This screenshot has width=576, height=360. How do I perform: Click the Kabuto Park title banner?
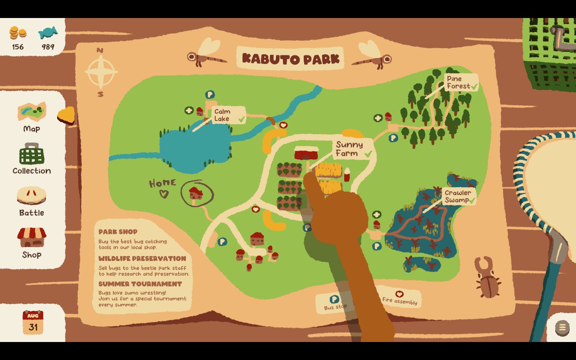[x=290, y=58]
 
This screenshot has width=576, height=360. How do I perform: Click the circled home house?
[x=196, y=194]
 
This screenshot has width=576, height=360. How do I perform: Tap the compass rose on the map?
[x=101, y=72]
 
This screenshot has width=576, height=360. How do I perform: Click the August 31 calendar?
[x=33, y=323]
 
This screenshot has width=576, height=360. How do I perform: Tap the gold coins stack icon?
[x=18, y=33]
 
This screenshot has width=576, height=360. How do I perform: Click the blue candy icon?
[x=48, y=33]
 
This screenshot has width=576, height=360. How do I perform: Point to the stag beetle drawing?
[x=487, y=278]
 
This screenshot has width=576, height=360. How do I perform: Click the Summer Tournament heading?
[x=140, y=284]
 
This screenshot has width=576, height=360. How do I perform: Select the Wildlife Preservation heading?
[x=142, y=259]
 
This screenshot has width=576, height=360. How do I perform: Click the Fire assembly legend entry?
[x=400, y=298]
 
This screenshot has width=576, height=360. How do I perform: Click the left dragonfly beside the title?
[x=205, y=53]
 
